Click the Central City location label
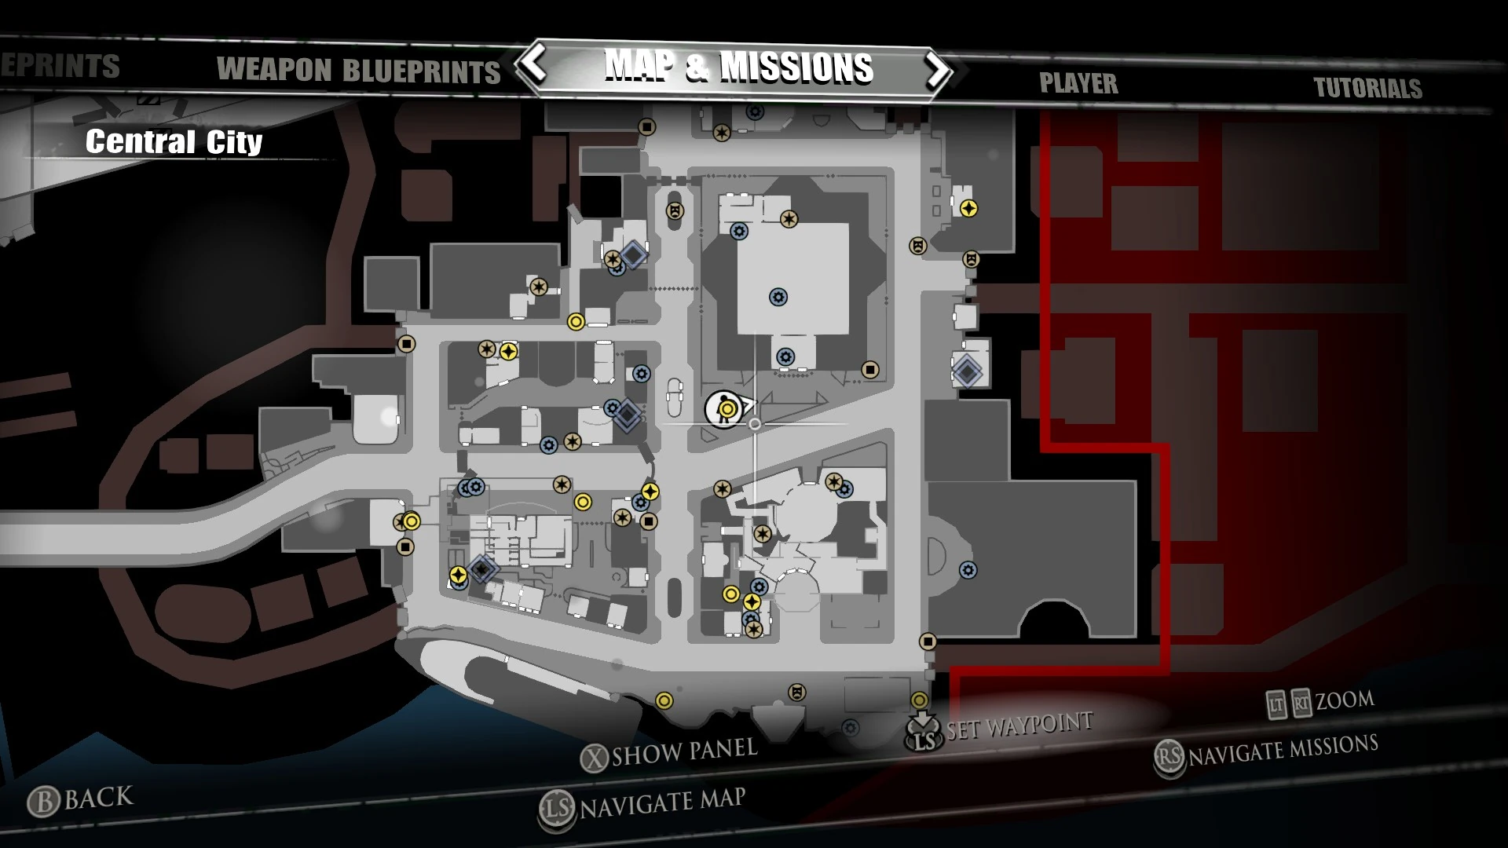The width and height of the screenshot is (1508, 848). click(174, 142)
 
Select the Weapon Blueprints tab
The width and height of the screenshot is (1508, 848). click(358, 71)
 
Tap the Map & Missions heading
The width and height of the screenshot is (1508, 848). click(738, 67)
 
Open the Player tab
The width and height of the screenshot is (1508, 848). click(1078, 83)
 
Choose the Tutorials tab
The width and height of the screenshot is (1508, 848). click(1367, 88)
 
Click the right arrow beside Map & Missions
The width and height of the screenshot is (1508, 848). click(938, 70)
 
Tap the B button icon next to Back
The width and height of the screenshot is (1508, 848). click(43, 802)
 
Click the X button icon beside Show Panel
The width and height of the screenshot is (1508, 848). click(595, 758)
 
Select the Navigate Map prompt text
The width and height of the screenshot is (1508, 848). click(662, 802)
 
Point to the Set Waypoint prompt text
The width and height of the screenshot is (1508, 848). click(1019, 726)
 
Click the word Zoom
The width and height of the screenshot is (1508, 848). click(1345, 700)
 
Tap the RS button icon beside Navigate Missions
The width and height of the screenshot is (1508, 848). click(1169, 757)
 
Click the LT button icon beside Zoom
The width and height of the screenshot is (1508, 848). click(1276, 704)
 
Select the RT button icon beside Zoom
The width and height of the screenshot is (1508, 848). click(1301, 703)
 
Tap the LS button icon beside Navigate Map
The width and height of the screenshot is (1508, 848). click(556, 810)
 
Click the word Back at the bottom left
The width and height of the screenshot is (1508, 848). click(99, 798)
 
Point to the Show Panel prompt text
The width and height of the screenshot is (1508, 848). click(684, 751)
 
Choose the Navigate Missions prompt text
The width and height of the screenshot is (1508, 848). click(1283, 750)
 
